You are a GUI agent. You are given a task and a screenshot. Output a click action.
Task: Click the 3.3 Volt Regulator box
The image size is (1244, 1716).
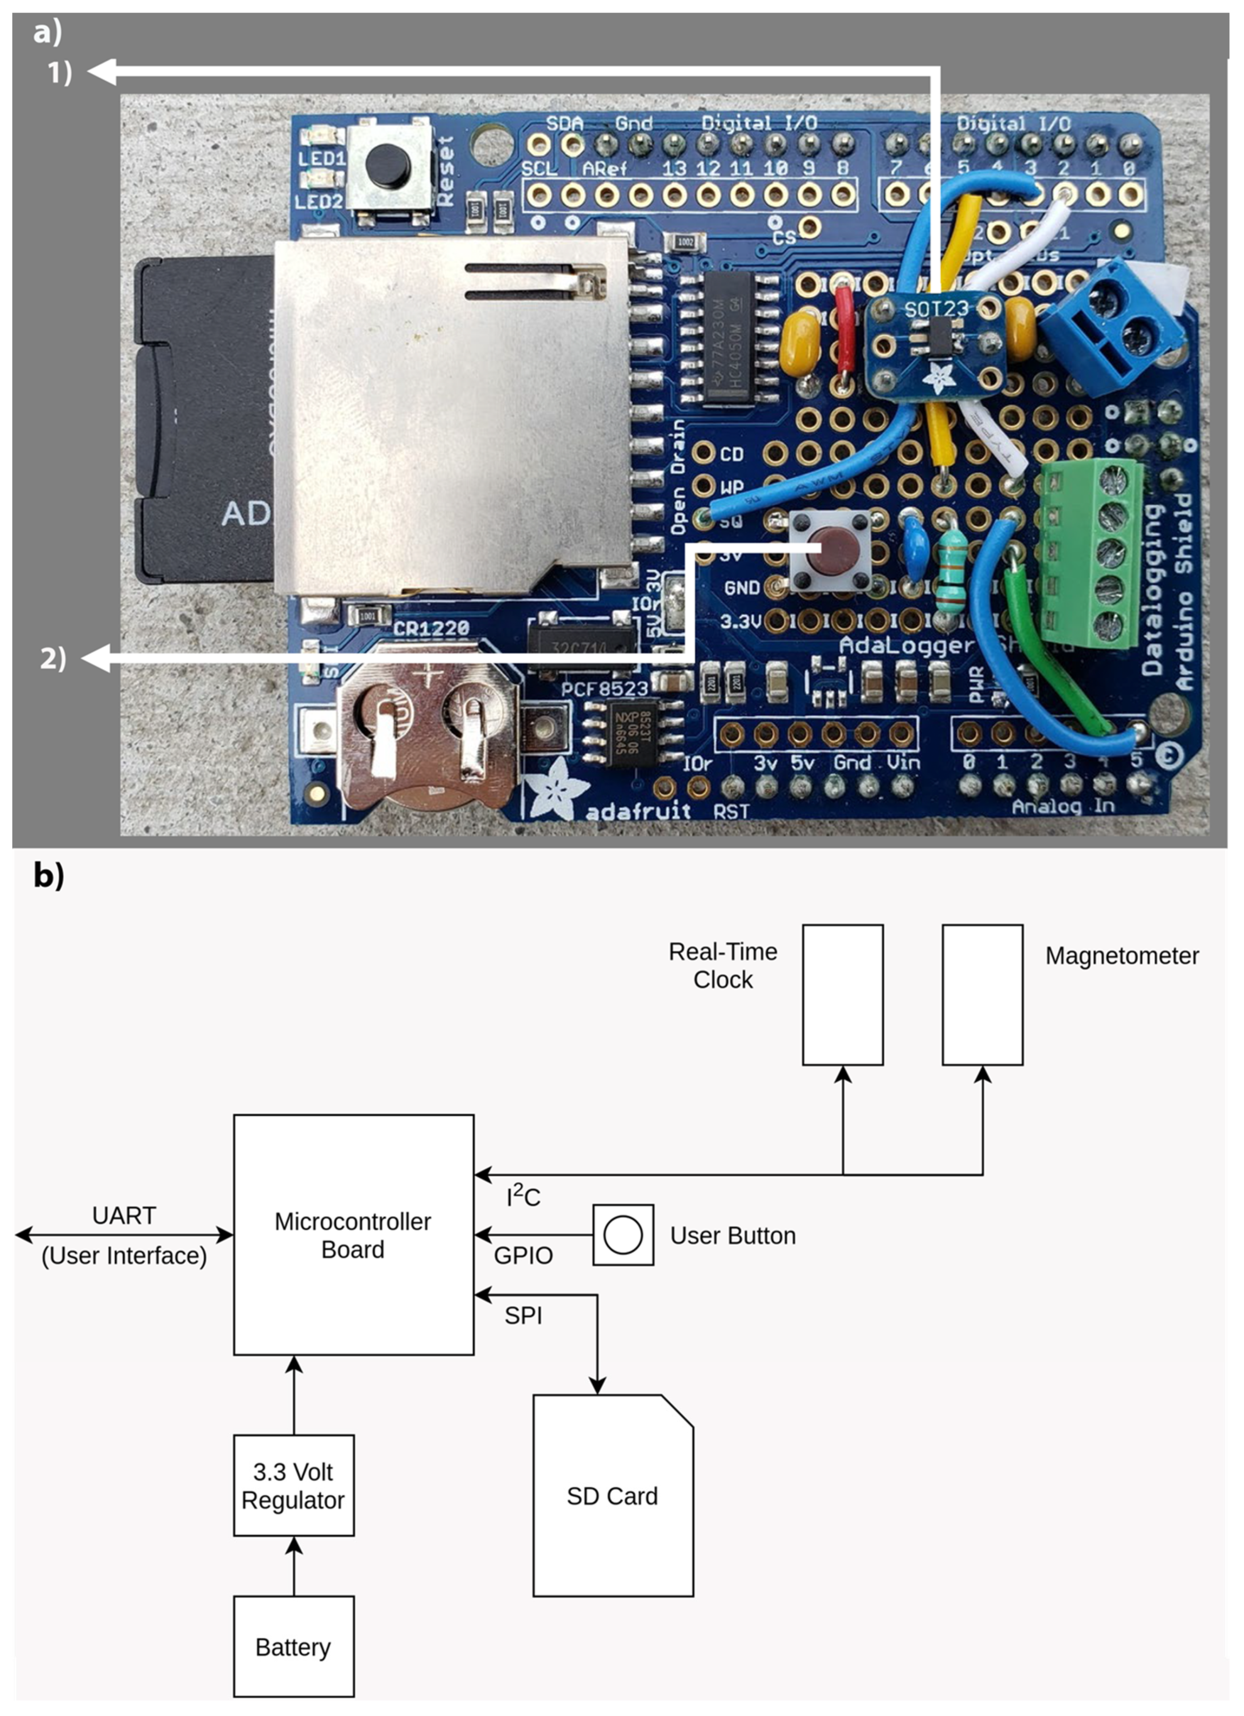pos(293,1485)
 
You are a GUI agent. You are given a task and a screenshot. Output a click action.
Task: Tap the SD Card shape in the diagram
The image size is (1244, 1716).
pos(612,1496)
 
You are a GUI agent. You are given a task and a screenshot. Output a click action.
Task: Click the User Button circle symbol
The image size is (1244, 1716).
pos(623,1235)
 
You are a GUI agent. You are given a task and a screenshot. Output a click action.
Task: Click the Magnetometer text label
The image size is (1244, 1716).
pos(1122,956)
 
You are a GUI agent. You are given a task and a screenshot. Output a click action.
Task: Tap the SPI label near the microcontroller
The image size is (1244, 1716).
pos(523,1315)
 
